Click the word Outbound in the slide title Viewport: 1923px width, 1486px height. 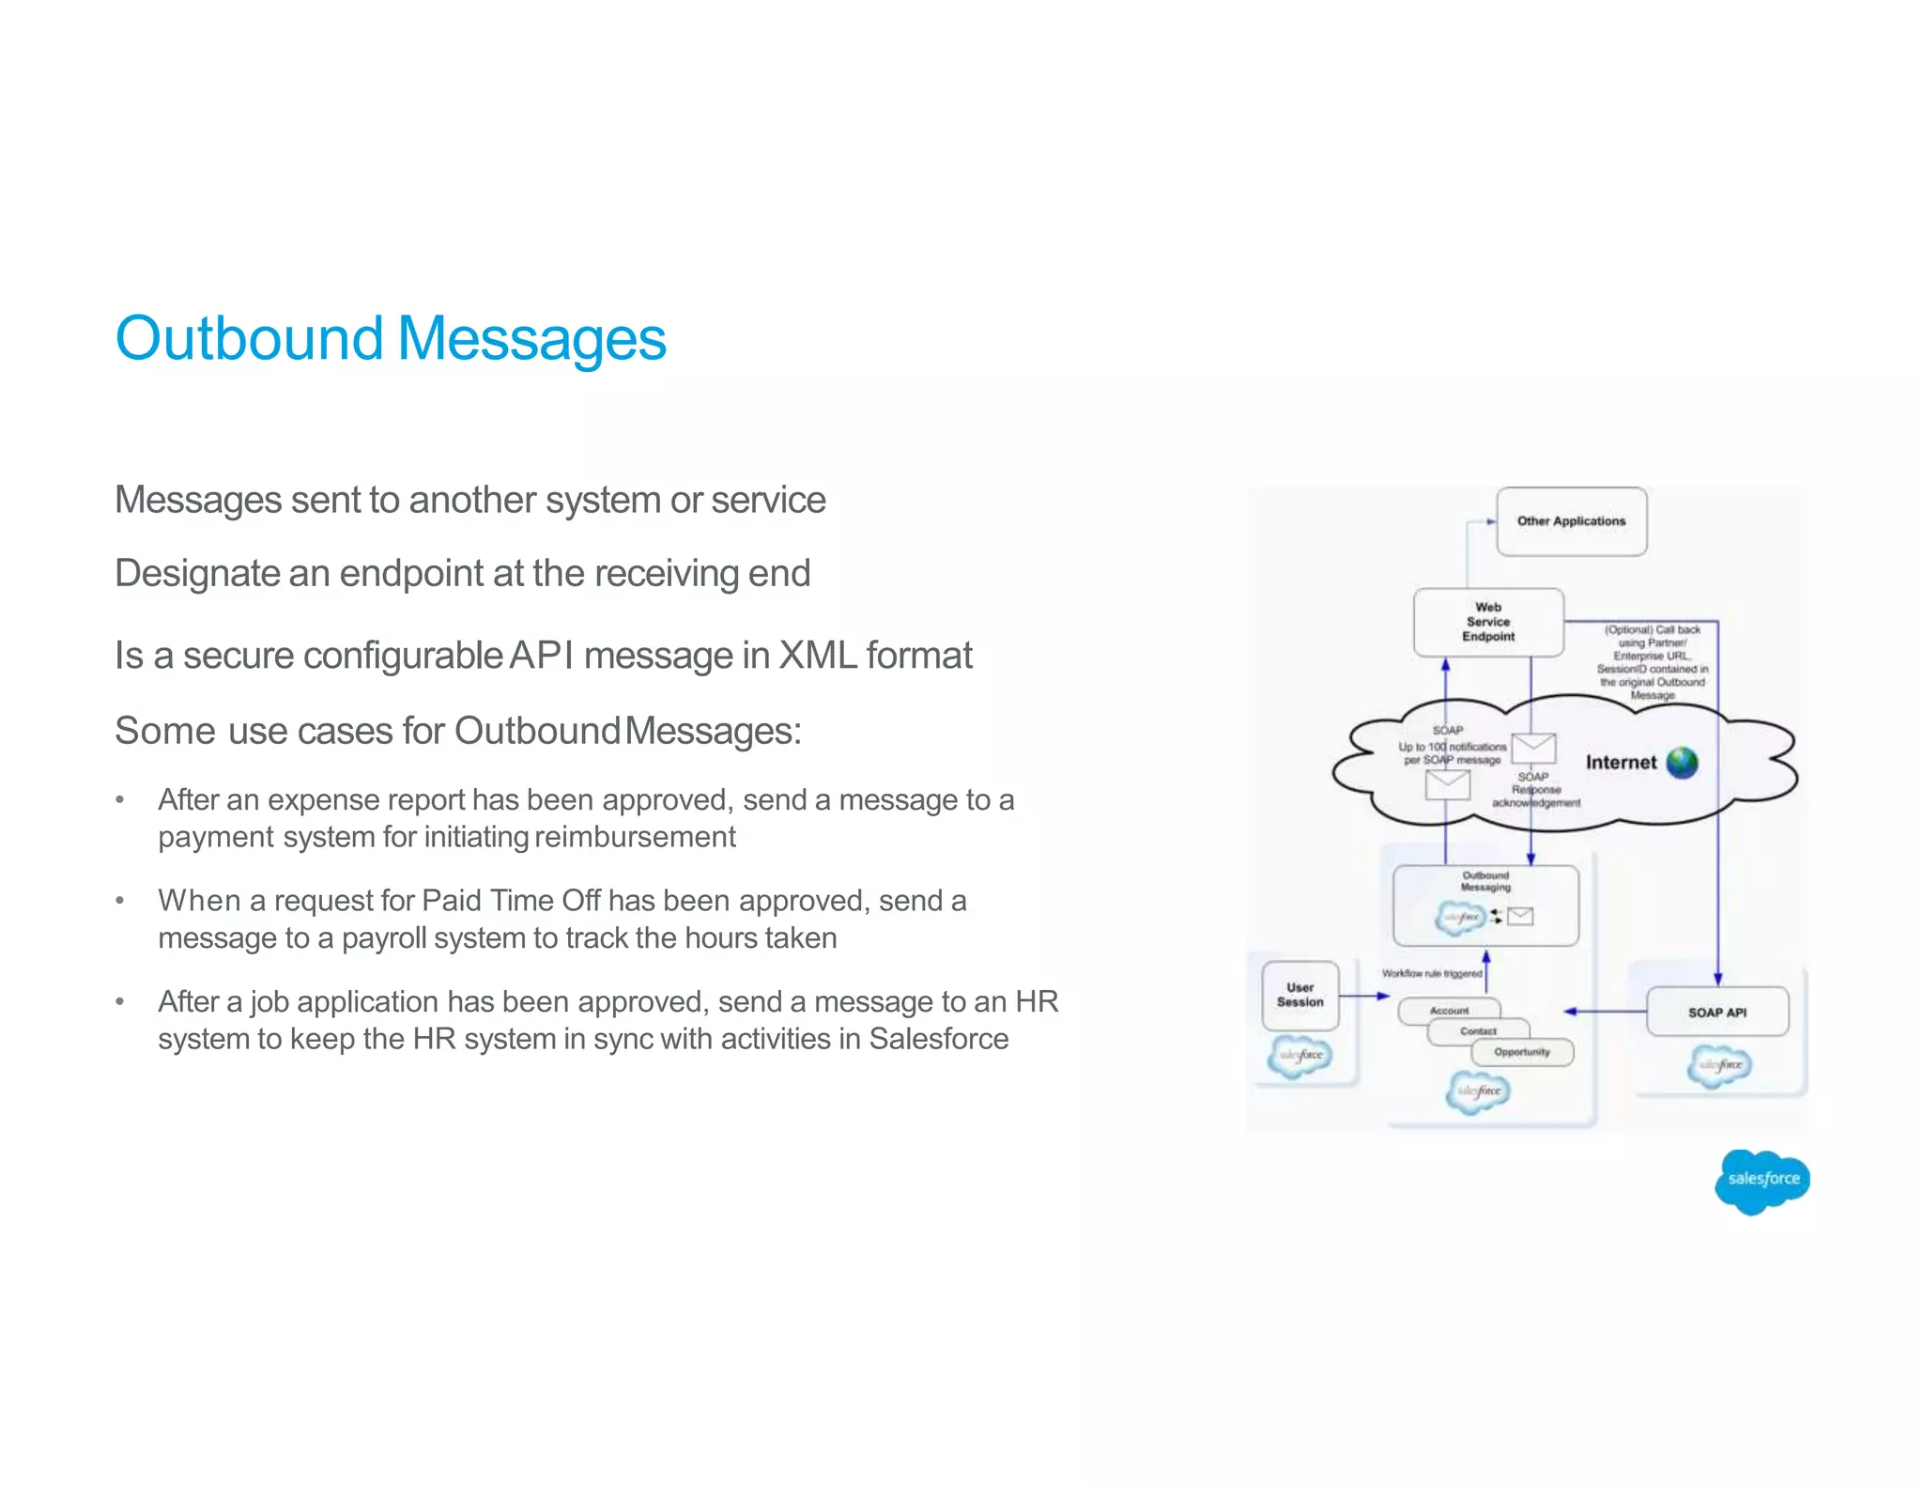249,338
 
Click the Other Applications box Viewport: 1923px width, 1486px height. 1571,521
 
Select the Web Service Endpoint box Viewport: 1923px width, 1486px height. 1488,622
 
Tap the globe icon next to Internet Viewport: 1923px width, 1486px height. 1682,763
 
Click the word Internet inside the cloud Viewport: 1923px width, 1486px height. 1621,763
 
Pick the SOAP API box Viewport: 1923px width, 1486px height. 1716,1012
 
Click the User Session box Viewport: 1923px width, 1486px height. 1300,995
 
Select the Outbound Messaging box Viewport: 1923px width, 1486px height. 1485,904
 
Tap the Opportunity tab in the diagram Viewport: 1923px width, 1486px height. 1521,1052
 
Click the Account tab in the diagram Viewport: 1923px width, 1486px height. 1449,1011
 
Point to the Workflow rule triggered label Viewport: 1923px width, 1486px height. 1432,973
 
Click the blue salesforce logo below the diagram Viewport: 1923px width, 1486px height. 1761,1181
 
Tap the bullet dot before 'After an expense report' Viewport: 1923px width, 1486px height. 119,800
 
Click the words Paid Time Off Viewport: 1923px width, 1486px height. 511,901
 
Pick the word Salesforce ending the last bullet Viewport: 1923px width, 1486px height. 938,1039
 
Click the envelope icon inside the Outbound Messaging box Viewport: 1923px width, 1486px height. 1520,916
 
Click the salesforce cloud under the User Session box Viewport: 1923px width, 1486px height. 1300,1056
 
